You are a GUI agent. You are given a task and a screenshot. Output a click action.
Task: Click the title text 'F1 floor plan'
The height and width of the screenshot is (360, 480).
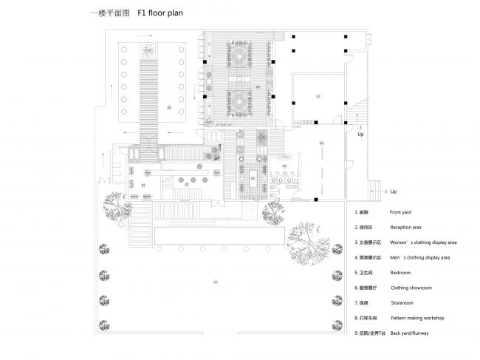tap(159, 13)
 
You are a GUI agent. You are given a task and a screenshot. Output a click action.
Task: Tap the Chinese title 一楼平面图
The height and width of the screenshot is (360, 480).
tap(106, 13)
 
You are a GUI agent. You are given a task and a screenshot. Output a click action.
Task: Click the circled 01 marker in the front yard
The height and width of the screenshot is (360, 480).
tap(216, 282)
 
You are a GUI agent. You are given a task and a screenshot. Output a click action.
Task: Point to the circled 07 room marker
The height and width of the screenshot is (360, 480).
tap(318, 97)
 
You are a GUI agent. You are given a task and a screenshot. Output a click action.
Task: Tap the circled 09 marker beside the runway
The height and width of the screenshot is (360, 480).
tap(169, 108)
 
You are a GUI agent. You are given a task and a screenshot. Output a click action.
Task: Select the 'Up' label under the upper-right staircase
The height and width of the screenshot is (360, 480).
tap(360, 135)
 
